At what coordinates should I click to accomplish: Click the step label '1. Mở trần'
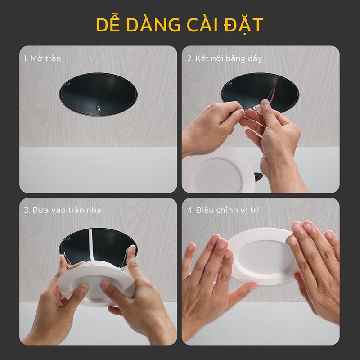coord(43,58)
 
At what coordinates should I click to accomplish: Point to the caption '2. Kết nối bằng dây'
coord(225,58)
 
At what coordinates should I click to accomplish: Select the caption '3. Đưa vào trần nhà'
coord(63,210)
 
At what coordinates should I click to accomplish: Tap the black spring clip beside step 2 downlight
coord(258,177)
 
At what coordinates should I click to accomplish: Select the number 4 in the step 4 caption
coord(189,210)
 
